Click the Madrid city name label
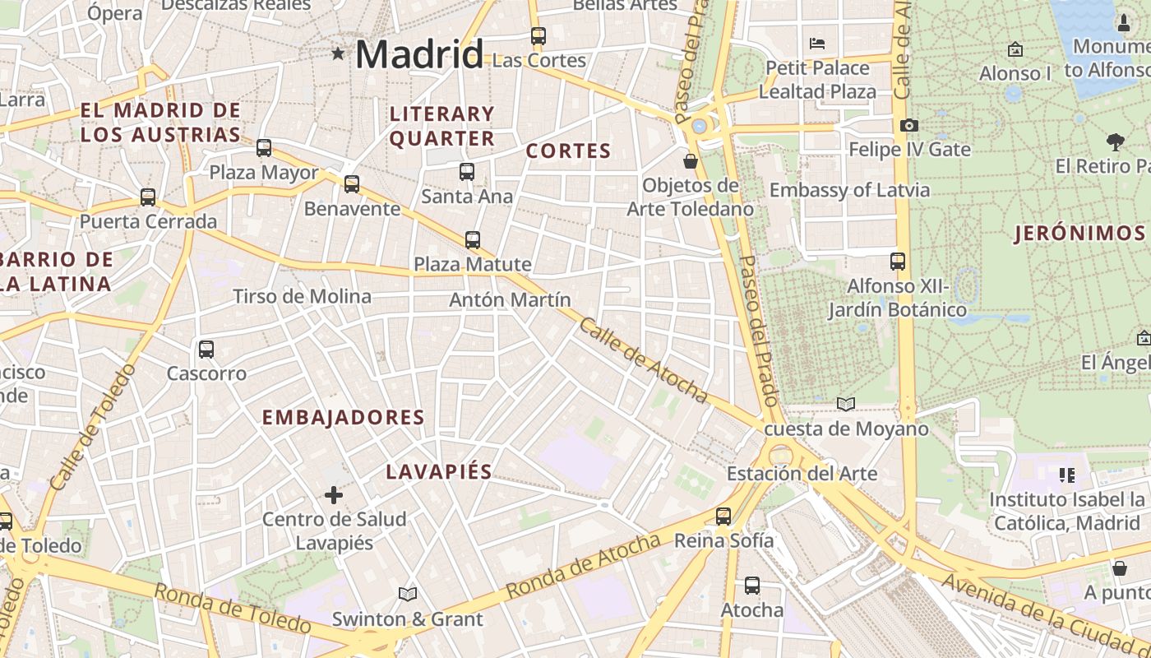(418, 55)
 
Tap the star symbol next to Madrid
(338, 54)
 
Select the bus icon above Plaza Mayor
(264, 148)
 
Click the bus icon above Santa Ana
(467, 171)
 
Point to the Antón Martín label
(510, 300)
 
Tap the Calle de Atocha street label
(644, 360)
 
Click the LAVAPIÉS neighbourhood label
(439, 472)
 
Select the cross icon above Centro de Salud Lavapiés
(334, 495)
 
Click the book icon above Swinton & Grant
(408, 594)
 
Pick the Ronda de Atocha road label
(583, 566)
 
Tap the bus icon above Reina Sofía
(723, 516)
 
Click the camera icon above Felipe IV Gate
(908, 125)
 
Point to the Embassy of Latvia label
(849, 190)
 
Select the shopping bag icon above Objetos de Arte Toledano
(691, 160)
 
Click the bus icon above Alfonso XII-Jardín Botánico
(898, 262)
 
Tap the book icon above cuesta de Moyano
(846, 404)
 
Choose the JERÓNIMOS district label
(1079, 234)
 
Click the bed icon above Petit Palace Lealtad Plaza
(817, 43)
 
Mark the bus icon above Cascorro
(206, 349)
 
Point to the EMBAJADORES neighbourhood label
(343, 418)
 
